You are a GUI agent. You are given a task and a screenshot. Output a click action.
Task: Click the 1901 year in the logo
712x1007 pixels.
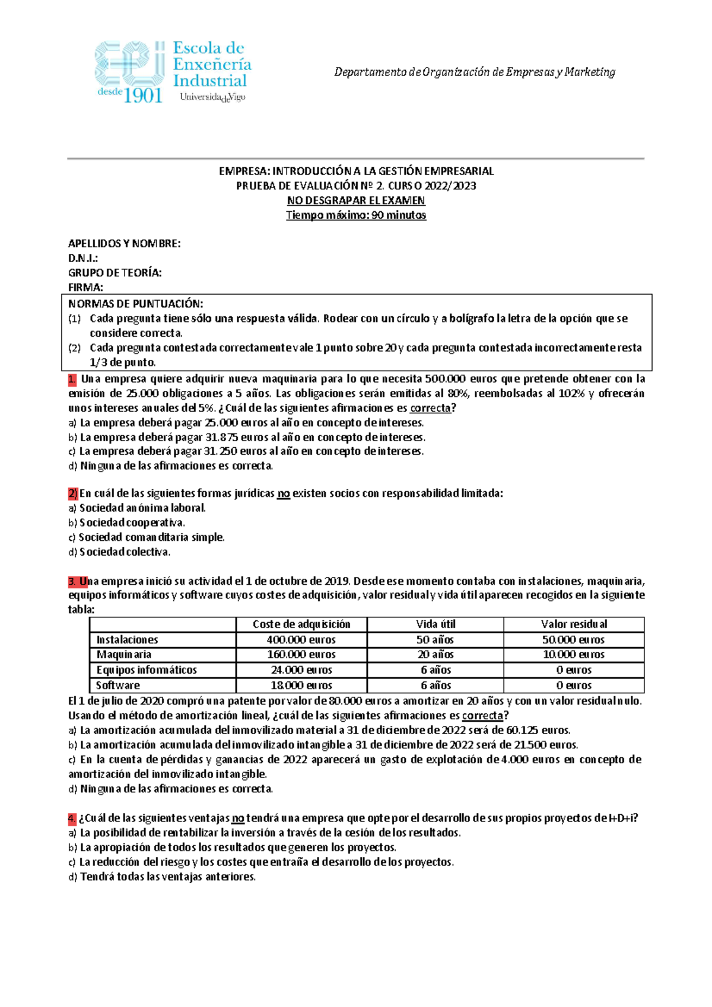click(142, 94)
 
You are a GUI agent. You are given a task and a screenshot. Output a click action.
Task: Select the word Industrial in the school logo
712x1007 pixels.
click(209, 81)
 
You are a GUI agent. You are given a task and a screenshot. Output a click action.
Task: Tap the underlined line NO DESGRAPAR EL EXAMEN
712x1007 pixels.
click(356, 200)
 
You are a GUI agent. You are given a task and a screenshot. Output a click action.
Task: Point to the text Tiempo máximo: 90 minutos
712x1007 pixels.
click(356, 215)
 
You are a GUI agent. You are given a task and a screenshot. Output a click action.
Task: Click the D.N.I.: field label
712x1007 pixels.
click(83, 258)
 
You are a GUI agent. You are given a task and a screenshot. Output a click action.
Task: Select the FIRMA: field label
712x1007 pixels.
click(85, 287)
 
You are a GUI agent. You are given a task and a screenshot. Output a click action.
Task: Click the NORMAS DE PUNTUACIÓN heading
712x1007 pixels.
click(135, 304)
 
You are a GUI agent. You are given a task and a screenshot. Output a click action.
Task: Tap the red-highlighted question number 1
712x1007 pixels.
click(72, 378)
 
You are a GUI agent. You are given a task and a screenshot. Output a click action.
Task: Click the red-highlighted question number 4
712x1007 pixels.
click(72, 818)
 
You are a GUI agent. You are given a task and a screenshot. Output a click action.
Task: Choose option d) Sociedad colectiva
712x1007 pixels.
click(119, 552)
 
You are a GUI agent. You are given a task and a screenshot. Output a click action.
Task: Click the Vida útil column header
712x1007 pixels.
click(436, 624)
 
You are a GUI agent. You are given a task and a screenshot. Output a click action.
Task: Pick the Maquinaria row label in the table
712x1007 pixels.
click(123, 655)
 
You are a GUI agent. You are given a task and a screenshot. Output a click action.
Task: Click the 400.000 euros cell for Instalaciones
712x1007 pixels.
click(301, 640)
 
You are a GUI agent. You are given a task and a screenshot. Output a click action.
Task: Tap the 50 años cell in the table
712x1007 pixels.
click(436, 640)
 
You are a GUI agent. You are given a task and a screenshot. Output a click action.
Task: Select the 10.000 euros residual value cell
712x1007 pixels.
click(573, 655)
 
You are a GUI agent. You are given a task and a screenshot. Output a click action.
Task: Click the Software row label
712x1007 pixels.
click(118, 686)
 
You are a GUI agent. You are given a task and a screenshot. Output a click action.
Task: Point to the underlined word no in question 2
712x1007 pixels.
click(284, 493)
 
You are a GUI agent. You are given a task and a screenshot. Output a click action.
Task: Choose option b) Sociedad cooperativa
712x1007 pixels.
click(126, 523)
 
